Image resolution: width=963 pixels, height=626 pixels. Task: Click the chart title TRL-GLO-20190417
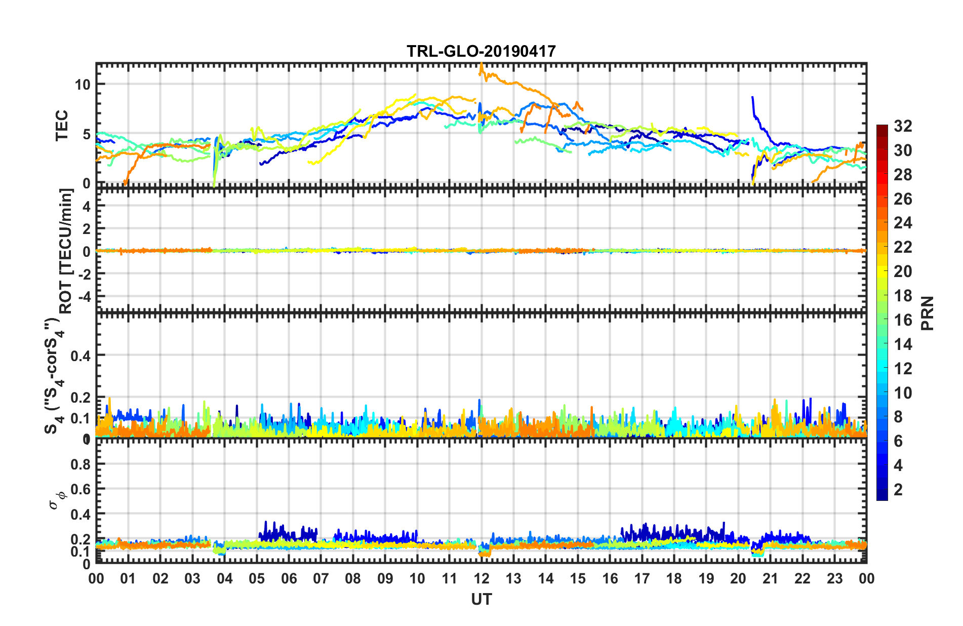point(481,51)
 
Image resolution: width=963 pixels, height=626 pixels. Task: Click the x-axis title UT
point(481,600)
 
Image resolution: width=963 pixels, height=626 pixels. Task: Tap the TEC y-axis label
point(62,126)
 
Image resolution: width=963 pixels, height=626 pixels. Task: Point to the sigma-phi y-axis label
point(57,499)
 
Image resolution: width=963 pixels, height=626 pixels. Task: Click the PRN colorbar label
point(928,313)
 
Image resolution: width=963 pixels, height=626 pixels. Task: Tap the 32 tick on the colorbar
point(902,126)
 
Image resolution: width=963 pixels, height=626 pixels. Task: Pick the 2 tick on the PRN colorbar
point(898,489)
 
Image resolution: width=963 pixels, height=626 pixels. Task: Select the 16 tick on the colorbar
point(902,320)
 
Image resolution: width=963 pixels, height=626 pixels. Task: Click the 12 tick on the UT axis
point(481,578)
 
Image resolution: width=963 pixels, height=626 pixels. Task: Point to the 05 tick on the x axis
point(257,578)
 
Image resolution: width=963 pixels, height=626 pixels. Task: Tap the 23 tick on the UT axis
point(834,578)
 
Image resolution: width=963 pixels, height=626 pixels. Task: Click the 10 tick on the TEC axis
point(83,85)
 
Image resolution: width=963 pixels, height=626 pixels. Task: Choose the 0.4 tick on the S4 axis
point(81,356)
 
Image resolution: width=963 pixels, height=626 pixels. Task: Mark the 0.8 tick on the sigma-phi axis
point(81,464)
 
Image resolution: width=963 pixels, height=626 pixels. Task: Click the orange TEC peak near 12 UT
point(481,65)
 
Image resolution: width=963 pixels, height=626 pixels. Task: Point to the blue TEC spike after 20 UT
point(752,98)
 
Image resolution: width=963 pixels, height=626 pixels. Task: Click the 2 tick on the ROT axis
point(87,229)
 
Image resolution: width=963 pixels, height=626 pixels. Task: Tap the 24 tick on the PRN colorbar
point(902,223)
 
